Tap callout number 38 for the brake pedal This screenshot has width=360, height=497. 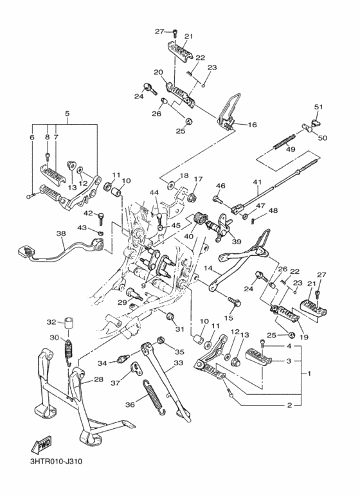61,233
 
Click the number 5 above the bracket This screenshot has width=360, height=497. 67,113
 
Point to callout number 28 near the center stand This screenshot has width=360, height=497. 98,379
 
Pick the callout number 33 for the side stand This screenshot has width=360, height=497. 179,363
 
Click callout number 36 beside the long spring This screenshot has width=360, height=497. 130,404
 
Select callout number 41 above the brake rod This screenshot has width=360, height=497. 257,182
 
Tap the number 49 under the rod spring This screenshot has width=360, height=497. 291,149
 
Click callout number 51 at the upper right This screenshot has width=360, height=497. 318,107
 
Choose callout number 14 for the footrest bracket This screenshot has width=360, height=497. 208,268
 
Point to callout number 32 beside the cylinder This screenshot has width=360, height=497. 51,322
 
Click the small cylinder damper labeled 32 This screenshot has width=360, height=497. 69,323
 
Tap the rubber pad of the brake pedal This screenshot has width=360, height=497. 26,250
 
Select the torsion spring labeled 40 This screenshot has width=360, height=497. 200,218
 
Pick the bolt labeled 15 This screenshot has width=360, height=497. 234,302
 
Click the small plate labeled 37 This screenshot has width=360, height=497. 136,369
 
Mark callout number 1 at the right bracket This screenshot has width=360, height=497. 309,374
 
